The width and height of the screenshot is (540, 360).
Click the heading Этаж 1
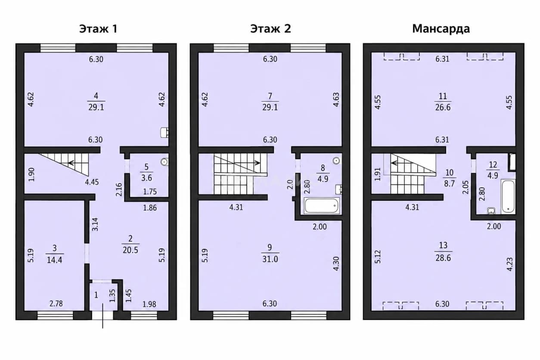98,29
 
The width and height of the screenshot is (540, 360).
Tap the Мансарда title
441,29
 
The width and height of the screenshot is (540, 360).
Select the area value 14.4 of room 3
55,260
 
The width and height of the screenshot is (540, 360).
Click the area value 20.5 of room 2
130,250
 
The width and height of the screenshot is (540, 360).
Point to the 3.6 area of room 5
146,178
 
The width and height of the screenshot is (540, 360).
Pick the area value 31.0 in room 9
270,259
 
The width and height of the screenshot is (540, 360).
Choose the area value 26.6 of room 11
443,107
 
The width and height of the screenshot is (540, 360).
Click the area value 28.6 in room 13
443,258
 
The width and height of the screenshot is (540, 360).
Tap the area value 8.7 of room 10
450,183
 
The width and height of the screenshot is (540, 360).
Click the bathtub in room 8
322,206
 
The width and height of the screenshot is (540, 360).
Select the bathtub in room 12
508,196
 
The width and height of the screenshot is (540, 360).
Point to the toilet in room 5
165,162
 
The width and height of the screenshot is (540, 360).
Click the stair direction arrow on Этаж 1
78,163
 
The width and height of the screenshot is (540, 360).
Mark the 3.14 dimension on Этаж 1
95,224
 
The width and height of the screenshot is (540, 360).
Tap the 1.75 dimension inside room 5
150,192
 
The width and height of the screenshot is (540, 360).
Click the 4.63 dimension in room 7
336,99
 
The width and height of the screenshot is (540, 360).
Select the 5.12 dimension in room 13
378,257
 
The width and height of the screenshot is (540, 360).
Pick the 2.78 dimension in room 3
56,304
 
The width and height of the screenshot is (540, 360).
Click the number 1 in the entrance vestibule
96,295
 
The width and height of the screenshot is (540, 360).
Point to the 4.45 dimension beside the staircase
92,182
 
